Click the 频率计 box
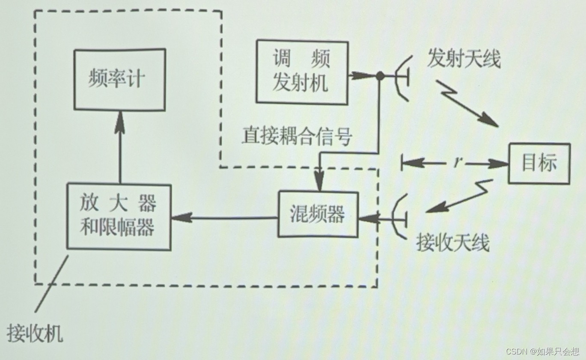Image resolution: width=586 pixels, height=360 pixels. coord(119,80)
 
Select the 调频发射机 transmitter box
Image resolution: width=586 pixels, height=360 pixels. coord(302,72)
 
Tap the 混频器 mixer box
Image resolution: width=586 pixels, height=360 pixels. coord(318,214)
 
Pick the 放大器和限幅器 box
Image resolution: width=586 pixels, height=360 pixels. coord(119,217)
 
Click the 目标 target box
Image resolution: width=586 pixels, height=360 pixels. coord(539,164)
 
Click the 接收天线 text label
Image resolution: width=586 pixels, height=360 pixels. coord(453,244)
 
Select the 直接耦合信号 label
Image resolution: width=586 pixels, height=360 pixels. coord(297,137)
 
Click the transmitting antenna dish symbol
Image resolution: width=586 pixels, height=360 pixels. coord(402,77)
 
